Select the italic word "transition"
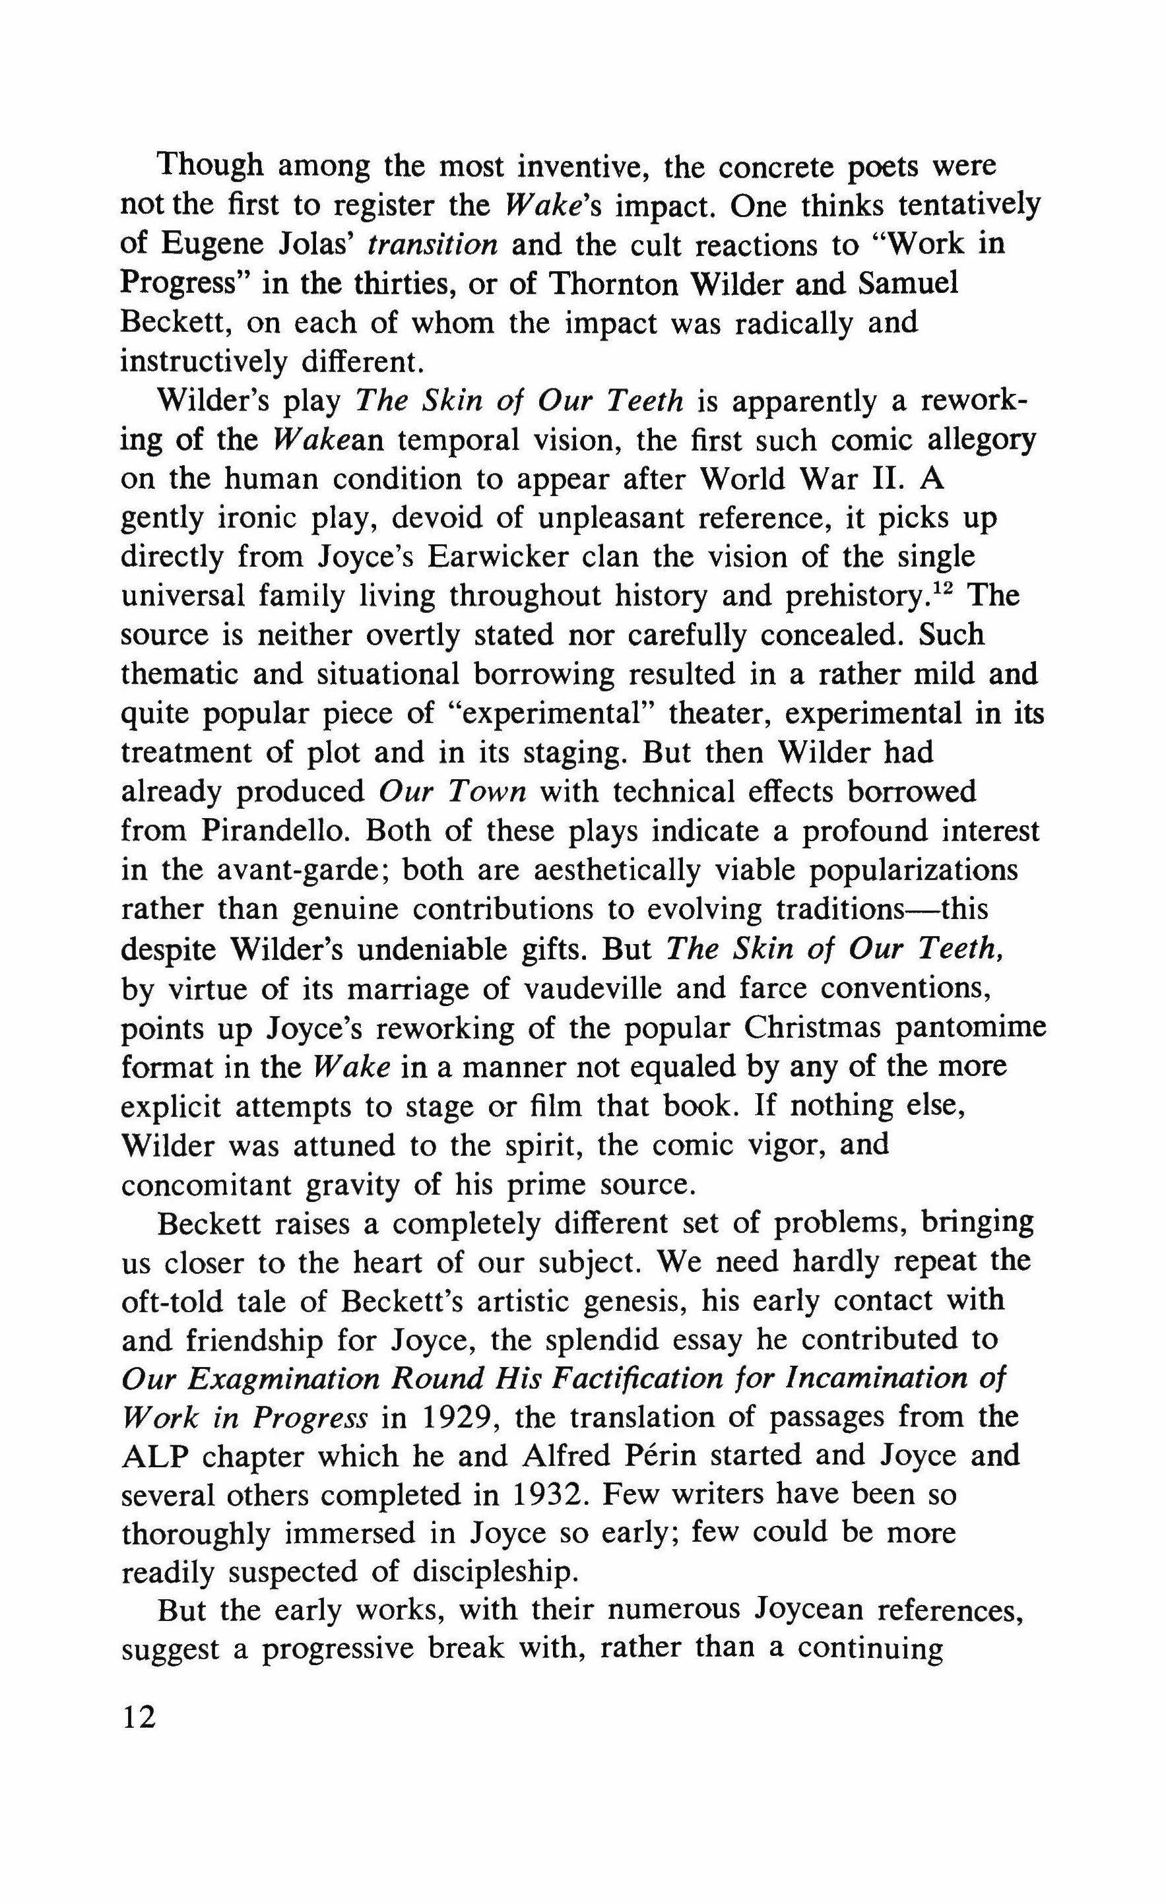click(433, 245)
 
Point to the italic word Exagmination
click(284, 1380)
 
